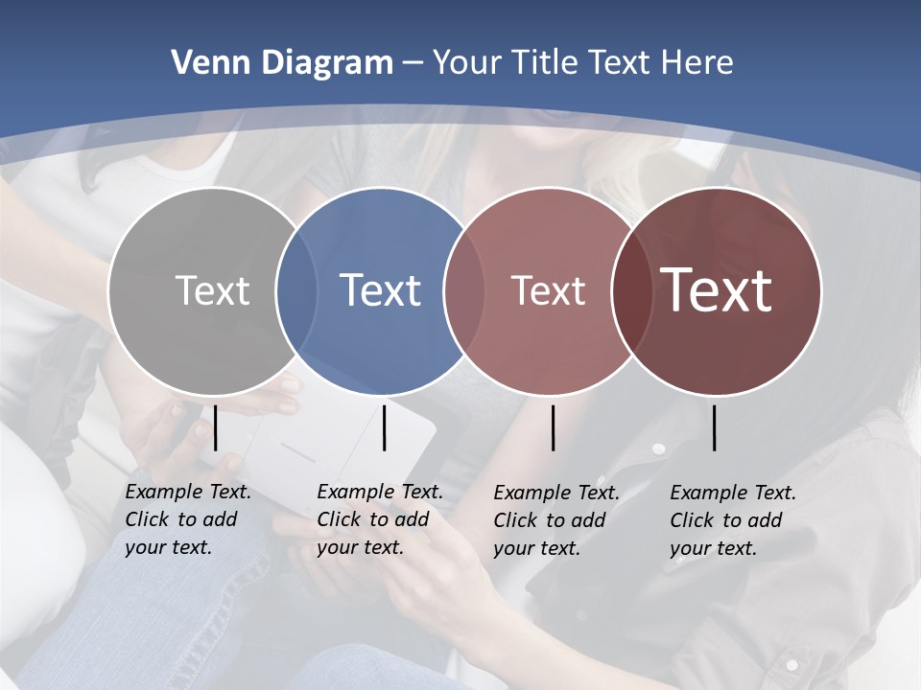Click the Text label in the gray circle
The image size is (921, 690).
(212, 290)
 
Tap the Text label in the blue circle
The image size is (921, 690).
(380, 290)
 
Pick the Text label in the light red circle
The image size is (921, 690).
(548, 290)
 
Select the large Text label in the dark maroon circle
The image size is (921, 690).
(717, 290)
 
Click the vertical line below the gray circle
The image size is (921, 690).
(216, 427)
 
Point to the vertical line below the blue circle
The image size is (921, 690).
(384, 427)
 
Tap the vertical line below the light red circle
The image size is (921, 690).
(554, 427)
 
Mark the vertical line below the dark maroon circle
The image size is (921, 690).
(715, 427)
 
